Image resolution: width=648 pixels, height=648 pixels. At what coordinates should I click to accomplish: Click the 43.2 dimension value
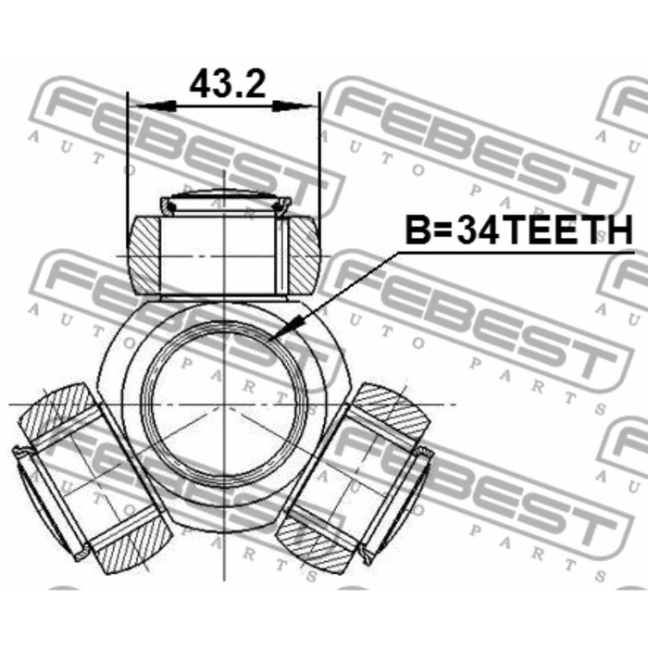(228, 84)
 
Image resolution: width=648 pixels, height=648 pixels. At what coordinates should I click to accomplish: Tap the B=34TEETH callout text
(518, 231)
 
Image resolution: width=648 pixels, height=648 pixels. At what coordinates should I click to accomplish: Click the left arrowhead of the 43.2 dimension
(156, 106)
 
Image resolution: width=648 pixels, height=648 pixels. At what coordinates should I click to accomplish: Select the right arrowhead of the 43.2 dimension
(293, 106)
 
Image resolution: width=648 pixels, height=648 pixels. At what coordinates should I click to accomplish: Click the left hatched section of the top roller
(143, 255)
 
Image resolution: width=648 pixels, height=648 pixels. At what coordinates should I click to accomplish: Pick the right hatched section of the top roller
(304, 255)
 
